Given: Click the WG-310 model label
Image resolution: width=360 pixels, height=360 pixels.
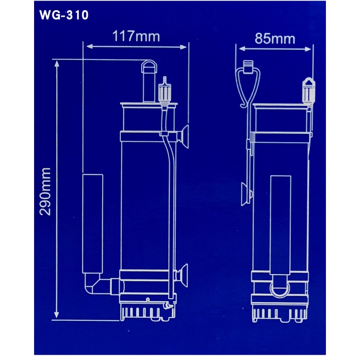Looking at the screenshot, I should [64, 15].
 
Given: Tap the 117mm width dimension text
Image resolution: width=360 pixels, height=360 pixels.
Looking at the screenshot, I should [136, 36].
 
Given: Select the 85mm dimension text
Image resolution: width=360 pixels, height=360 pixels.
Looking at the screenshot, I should [275, 38].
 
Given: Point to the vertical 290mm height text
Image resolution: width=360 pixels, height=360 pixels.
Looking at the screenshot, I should [47, 191].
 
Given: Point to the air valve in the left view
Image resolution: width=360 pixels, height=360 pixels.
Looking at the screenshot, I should [164, 91].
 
